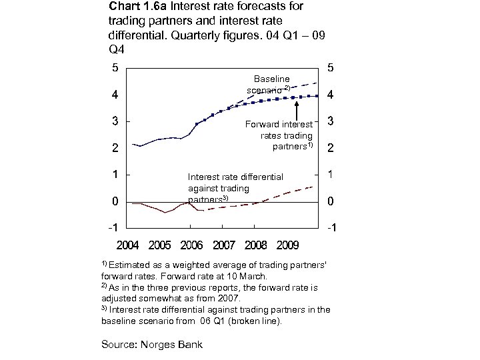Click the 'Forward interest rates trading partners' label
280,135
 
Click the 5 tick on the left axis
115,67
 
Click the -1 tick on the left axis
114,228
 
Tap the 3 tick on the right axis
330,123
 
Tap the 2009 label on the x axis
287,245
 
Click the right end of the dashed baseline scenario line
316,82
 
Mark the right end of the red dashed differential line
313,186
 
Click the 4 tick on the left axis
115,95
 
